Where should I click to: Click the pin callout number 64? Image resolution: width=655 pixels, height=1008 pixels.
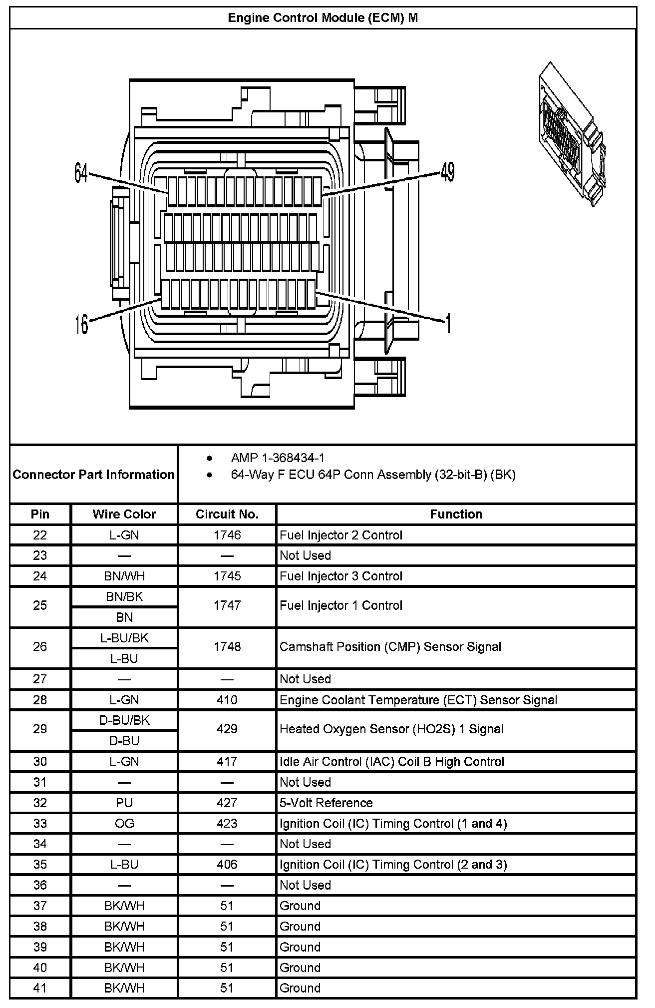click(81, 173)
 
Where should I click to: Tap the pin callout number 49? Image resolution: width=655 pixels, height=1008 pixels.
click(448, 173)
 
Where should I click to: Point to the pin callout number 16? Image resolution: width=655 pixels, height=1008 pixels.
click(81, 324)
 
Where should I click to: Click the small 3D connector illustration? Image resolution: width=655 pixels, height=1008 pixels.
click(572, 134)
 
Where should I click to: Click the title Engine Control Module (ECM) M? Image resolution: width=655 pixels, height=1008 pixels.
click(323, 18)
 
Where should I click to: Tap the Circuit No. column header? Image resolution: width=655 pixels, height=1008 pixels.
click(227, 514)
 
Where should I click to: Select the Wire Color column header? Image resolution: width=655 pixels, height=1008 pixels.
click(124, 514)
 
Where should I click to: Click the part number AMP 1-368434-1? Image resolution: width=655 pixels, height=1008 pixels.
click(278, 458)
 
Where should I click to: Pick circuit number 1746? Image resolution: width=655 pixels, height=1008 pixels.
click(227, 535)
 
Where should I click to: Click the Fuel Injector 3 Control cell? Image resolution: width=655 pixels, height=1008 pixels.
click(341, 576)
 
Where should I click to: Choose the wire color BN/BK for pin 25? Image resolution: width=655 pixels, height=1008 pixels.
click(124, 596)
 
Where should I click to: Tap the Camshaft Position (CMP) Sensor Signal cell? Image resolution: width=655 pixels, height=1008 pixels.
click(390, 647)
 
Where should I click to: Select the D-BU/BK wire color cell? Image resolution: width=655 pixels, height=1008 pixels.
click(124, 720)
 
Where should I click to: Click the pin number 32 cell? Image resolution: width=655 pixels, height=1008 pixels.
click(40, 803)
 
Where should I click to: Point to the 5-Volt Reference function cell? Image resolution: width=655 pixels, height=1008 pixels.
click(326, 803)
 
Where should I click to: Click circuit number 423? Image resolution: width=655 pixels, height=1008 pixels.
click(227, 823)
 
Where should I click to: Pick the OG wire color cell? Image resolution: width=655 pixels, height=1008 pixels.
click(124, 823)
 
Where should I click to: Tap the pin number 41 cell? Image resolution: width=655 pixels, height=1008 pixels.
click(40, 988)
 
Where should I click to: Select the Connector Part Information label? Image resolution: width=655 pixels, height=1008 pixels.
click(94, 475)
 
